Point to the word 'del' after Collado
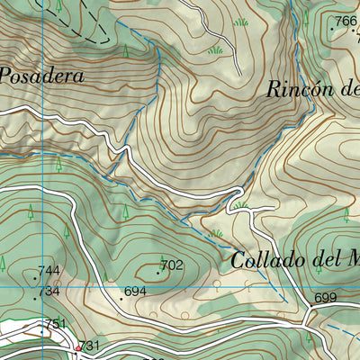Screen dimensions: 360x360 (x=329, y=261)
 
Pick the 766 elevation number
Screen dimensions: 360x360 (x=346, y=22)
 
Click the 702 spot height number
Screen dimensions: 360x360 (x=173, y=265)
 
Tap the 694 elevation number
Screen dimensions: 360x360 (x=135, y=292)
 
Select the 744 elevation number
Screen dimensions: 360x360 (x=49, y=271)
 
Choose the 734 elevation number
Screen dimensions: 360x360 (x=49, y=292)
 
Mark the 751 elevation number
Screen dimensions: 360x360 (x=56, y=324)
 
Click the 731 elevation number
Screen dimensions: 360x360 (x=89, y=346)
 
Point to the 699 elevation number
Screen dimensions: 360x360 (x=325, y=298)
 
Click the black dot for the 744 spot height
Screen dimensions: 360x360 (x=35, y=277)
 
